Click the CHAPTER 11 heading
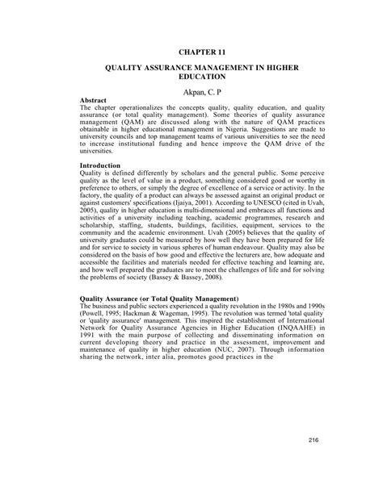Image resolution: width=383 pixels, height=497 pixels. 191,49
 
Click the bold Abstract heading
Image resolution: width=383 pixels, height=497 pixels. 98,102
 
